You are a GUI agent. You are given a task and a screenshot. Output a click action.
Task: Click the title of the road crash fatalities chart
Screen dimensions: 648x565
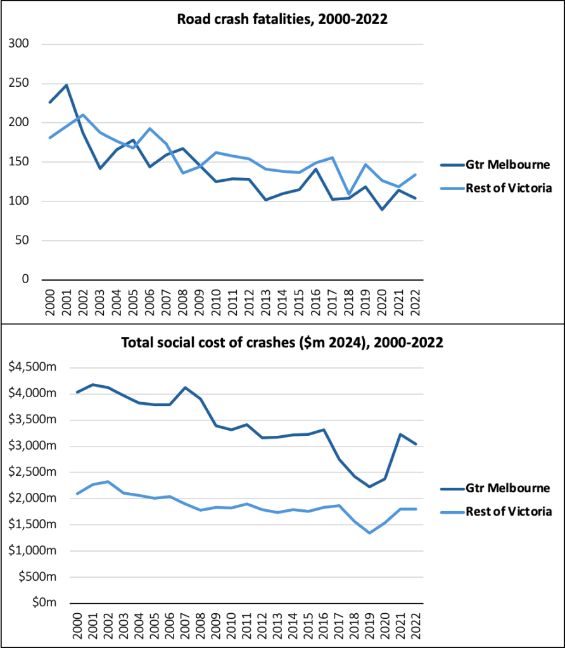point(282,20)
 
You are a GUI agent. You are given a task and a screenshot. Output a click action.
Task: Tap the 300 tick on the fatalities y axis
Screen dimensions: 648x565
point(21,44)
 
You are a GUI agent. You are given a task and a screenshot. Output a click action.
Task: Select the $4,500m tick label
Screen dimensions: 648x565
point(31,367)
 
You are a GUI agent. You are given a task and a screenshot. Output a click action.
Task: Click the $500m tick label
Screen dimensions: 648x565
point(35,577)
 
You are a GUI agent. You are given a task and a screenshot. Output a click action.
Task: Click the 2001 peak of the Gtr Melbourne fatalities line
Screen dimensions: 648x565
point(66,85)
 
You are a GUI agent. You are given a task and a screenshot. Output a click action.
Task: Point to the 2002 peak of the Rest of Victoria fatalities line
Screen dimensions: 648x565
point(83,115)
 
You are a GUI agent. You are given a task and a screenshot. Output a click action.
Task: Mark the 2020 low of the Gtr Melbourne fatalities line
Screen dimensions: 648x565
point(382,209)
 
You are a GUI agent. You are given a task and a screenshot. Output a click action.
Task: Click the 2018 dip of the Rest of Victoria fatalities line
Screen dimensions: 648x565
point(348,194)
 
